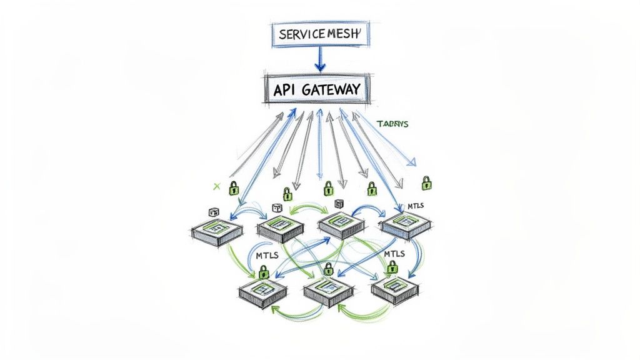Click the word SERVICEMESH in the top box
(x=319, y=34)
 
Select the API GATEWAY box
(x=317, y=90)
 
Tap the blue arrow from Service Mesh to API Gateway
(x=319, y=60)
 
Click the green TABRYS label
(x=392, y=124)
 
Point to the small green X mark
(x=217, y=186)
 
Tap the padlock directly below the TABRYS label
(x=426, y=182)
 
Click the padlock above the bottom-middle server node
(x=327, y=269)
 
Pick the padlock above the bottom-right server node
(x=392, y=266)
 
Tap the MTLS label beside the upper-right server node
(x=417, y=206)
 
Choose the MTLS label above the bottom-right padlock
(x=394, y=254)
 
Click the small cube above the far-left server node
(x=212, y=212)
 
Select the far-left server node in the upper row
(x=217, y=231)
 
